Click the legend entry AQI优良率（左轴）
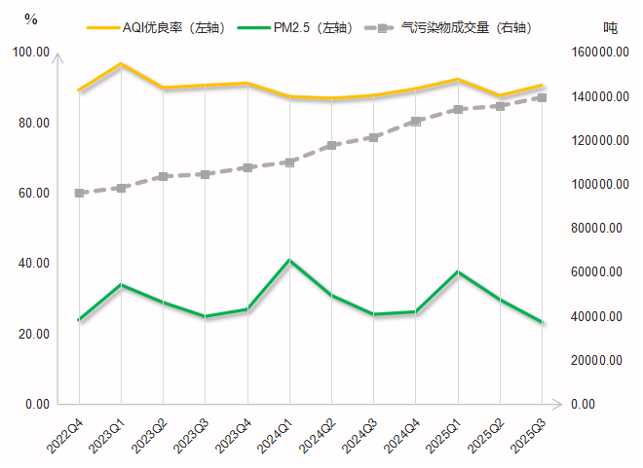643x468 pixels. [x=170, y=28]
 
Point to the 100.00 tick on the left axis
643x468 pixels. [x=36, y=53]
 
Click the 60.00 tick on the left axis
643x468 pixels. [x=36, y=194]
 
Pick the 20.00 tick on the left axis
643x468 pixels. [x=36, y=334]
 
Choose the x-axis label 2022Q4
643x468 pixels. [x=64, y=434]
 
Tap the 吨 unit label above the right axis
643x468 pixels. [x=611, y=27]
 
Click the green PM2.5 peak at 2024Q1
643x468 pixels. [x=289, y=260]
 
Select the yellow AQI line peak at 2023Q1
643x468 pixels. [x=121, y=63]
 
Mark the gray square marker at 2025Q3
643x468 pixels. [x=543, y=97]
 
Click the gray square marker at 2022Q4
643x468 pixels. [x=79, y=193]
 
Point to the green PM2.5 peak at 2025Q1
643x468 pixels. [x=458, y=271]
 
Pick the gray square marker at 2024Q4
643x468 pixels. [x=416, y=122]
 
